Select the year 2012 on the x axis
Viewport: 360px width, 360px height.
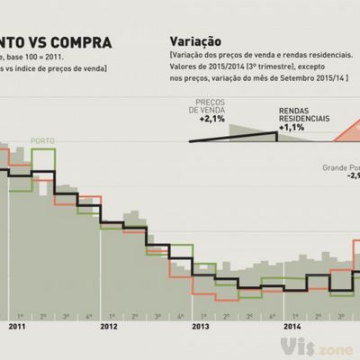(x=109, y=328)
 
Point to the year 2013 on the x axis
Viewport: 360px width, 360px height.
(x=200, y=328)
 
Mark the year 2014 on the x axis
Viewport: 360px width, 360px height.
(x=292, y=328)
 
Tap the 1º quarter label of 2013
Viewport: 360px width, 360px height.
(x=202, y=317)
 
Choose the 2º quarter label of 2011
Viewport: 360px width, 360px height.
(x=42, y=317)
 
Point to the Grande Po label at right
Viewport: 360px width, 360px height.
(x=340, y=167)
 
